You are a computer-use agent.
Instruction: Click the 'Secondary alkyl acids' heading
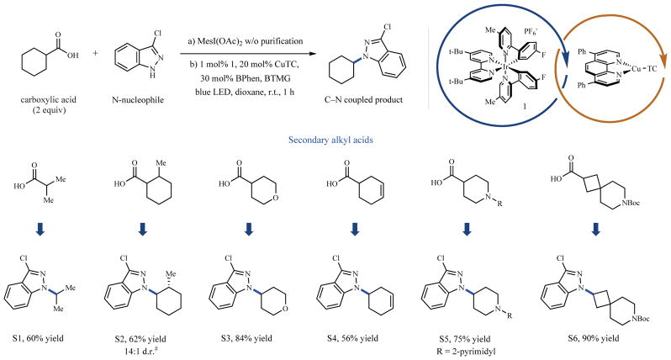tap(335, 143)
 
